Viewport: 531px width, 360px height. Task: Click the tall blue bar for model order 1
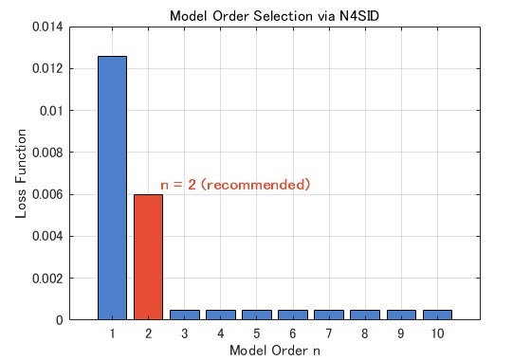[112, 188]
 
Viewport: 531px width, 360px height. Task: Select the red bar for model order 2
[148, 257]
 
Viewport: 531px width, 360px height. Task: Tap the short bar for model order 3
[185, 315]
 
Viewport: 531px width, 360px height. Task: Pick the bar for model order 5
[257, 315]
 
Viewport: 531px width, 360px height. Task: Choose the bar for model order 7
[329, 315]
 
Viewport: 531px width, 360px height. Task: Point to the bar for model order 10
[437, 315]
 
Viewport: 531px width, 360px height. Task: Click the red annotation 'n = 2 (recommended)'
[235, 185]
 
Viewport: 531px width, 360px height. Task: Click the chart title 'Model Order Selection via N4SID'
[274, 16]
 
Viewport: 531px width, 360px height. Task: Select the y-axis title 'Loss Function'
[21, 173]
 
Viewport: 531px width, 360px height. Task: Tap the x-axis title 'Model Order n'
[275, 351]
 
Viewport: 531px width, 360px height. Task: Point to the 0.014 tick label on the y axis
[47, 27]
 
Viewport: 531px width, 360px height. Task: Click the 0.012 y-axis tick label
[47, 68]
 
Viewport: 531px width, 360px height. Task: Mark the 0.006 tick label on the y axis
[47, 194]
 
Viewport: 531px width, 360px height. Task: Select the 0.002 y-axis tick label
[47, 279]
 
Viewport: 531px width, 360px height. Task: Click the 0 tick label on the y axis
[60, 320]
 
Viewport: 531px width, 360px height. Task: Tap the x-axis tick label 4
[220, 333]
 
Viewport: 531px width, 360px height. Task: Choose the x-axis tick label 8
[365, 333]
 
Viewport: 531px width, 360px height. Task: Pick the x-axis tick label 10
[437, 333]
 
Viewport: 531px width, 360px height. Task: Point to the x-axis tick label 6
[293, 333]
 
